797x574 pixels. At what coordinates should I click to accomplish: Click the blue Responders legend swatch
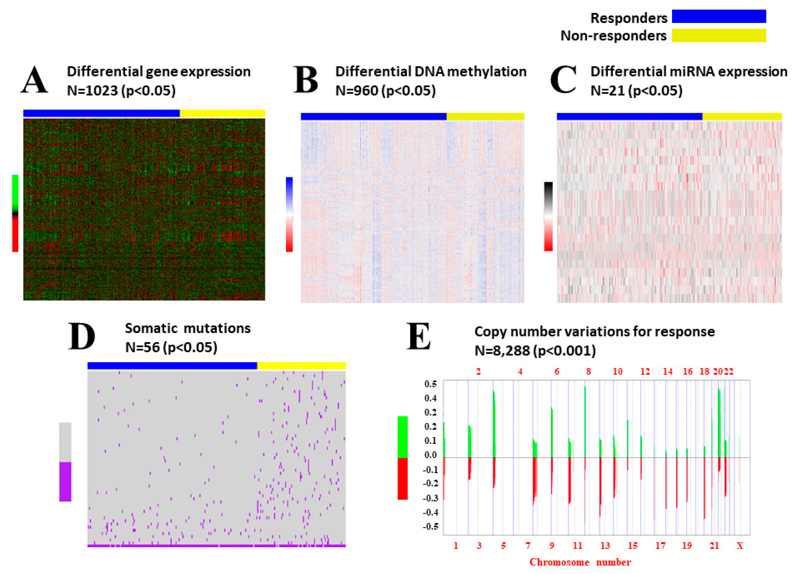point(719,17)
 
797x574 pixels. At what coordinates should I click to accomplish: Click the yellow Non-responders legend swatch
point(719,35)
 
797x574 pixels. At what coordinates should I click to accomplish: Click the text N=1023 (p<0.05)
point(121,91)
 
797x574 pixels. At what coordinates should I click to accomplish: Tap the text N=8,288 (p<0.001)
point(535,350)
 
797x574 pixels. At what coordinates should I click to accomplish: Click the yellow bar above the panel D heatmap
point(301,366)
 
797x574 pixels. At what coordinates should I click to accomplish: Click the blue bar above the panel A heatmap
point(101,113)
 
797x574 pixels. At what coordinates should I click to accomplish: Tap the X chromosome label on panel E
point(740,546)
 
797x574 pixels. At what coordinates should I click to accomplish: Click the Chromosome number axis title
point(580,562)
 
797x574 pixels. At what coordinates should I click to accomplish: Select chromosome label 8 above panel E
point(588,372)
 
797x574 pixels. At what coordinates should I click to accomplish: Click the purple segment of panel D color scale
point(65,481)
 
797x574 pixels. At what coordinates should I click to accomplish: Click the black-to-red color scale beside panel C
point(548,216)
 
